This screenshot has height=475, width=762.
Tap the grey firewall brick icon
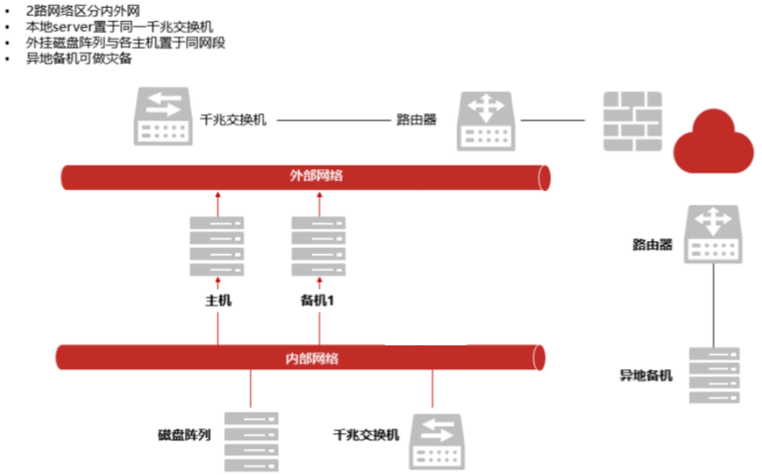tap(633, 121)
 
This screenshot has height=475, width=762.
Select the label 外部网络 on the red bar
tap(316, 176)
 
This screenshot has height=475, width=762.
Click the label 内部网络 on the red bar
tap(312, 359)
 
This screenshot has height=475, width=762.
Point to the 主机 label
tap(218, 301)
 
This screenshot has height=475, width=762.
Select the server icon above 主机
tap(217, 246)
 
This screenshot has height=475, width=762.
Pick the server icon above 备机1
tap(319, 246)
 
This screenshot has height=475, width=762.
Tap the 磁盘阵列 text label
tap(184, 434)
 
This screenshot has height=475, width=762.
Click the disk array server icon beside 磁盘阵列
tap(251, 442)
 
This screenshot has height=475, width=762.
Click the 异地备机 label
tap(646, 375)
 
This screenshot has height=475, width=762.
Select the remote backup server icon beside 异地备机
tap(714, 375)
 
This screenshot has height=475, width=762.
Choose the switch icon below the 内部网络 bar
tap(437, 441)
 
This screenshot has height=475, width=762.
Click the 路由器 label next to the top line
tap(416, 120)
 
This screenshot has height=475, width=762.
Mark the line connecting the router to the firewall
tap(552, 121)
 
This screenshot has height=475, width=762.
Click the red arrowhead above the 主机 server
tap(217, 194)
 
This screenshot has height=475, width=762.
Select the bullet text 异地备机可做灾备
tap(79, 59)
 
